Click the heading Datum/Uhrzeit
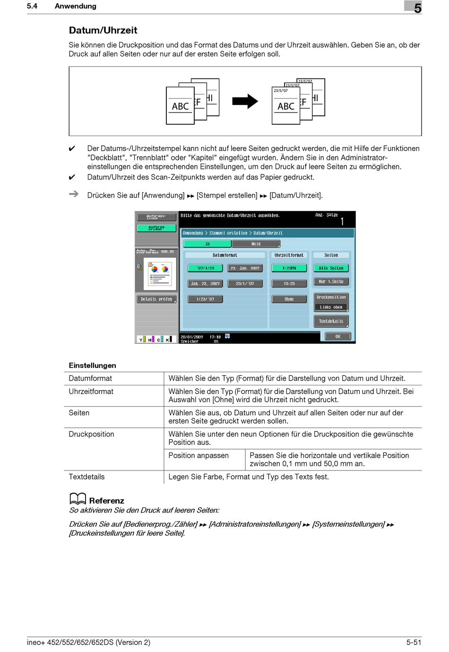point(103,30)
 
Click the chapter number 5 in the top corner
point(417,8)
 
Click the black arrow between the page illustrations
point(245,101)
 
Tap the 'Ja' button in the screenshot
point(207,244)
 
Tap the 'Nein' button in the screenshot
point(256,244)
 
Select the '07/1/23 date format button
point(206,268)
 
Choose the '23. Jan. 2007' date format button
point(245,268)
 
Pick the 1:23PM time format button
point(289,268)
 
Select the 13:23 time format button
point(289,284)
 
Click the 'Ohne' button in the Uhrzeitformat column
point(289,299)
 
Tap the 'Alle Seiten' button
point(331,268)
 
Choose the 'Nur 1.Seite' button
point(331,282)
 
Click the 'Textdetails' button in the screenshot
point(331,322)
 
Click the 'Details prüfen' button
point(156,299)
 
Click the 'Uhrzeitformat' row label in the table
point(91,391)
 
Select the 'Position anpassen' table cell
point(199,455)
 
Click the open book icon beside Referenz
point(78,499)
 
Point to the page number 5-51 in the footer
point(414,642)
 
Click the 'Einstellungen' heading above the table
point(93,365)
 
